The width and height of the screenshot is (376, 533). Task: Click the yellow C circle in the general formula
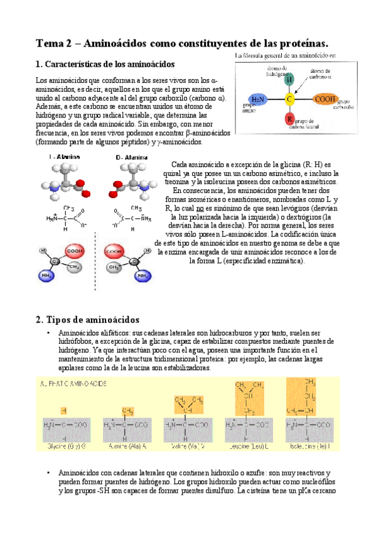pyautogui.click(x=289, y=99)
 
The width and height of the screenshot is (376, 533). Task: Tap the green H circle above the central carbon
pyautogui.click(x=289, y=80)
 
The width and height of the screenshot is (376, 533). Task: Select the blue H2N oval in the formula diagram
pyautogui.click(x=257, y=99)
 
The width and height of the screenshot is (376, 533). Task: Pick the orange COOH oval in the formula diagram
pyautogui.click(x=325, y=99)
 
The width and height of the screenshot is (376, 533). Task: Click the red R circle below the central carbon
pyautogui.click(x=289, y=119)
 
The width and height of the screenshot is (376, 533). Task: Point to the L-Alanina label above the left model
pyautogui.click(x=60, y=157)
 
